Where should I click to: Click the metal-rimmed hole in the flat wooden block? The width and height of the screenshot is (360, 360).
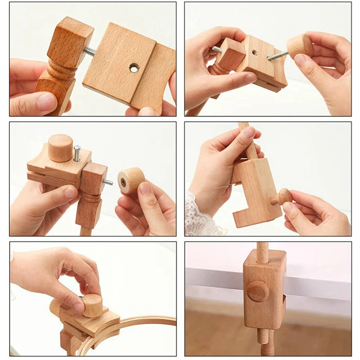coord(134,68)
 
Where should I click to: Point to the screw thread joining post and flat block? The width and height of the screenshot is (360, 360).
coord(89,52)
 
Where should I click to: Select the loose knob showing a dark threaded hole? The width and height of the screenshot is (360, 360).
coord(130,180)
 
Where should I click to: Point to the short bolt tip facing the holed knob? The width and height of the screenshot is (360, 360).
coord(108,182)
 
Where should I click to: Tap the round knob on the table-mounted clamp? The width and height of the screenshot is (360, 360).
coord(258,291)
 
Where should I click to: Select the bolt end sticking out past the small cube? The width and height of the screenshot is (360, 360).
coord(217,49)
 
